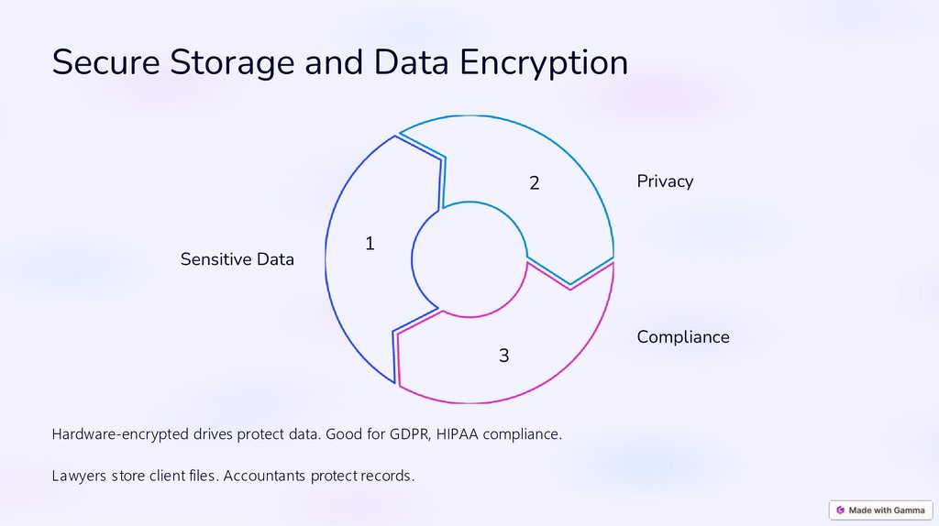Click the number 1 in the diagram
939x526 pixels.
(x=370, y=244)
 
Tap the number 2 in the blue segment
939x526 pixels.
(x=534, y=183)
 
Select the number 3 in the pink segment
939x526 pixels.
(x=503, y=356)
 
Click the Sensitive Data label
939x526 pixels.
(x=238, y=259)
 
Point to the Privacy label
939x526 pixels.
(x=665, y=181)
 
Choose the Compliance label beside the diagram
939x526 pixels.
(x=683, y=337)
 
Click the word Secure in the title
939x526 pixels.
(x=106, y=62)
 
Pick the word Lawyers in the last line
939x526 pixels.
(x=79, y=477)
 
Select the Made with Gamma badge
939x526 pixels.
(x=880, y=510)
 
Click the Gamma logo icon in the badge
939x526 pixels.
(x=841, y=510)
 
